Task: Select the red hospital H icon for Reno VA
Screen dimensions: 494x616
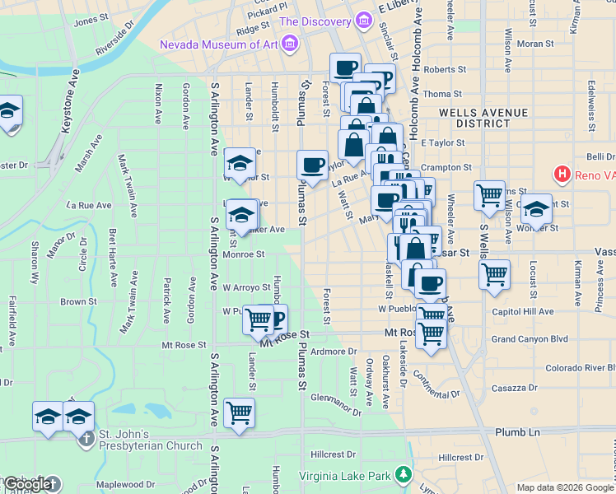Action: click(x=563, y=174)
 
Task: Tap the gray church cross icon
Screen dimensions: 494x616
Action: click(x=86, y=437)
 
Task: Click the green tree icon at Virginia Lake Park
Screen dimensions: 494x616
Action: click(x=403, y=474)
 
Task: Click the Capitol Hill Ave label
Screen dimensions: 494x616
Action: click(x=522, y=312)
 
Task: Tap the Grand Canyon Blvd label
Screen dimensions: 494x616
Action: click(x=530, y=338)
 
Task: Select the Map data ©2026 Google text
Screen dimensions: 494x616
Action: click(x=564, y=487)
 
